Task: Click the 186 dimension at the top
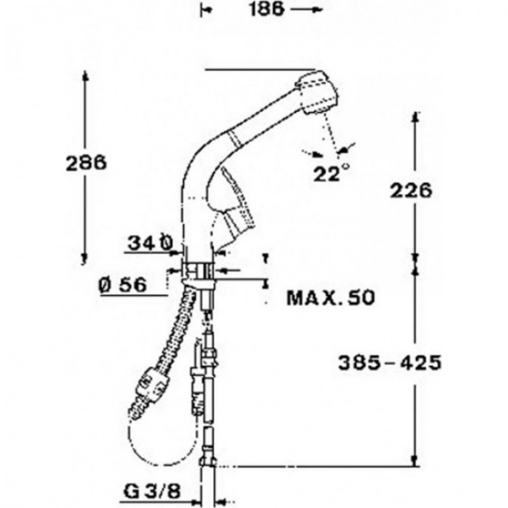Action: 267,9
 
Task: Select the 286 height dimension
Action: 86,163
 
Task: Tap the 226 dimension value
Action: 411,190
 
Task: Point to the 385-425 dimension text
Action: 389,363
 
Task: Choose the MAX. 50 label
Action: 331,297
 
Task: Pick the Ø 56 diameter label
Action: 123,285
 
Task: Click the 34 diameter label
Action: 150,242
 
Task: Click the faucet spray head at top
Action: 316,93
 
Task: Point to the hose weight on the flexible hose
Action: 152,385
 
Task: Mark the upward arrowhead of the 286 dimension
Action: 86,77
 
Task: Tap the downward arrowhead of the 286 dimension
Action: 84,258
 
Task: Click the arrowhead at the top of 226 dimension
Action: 415,117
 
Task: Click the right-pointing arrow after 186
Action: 306,9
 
